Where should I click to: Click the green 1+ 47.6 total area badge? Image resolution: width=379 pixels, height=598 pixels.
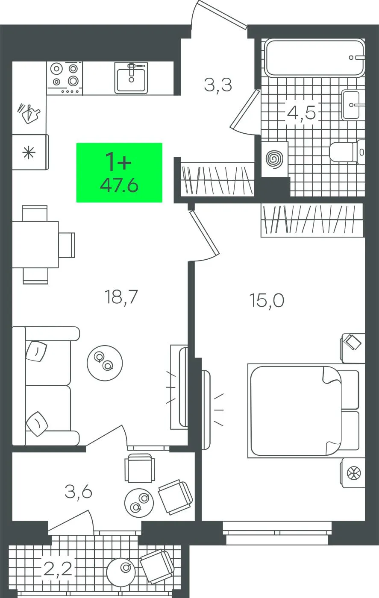click(x=119, y=173)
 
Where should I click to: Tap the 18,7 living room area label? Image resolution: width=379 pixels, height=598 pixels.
click(x=121, y=297)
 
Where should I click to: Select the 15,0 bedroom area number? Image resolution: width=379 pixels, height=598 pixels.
click(x=267, y=300)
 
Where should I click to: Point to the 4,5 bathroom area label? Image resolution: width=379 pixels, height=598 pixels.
click(x=301, y=113)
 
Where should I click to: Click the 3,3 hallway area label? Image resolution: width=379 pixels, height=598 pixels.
click(x=217, y=85)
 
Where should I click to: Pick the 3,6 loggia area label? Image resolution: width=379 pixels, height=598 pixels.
click(x=78, y=492)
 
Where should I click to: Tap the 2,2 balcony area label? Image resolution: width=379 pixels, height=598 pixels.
click(x=58, y=568)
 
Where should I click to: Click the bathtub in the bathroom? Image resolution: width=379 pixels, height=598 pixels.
click(x=314, y=57)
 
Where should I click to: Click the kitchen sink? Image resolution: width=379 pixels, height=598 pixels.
click(x=131, y=78)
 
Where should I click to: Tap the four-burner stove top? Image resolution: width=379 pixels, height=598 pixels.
click(x=65, y=77)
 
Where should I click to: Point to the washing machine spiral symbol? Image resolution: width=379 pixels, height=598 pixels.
click(x=274, y=159)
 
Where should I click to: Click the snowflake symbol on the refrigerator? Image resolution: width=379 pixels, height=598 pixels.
click(x=29, y=153)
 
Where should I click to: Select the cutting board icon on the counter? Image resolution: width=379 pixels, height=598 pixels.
click(x=29, y=114)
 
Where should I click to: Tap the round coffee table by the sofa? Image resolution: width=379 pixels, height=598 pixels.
click(x=105, y=363)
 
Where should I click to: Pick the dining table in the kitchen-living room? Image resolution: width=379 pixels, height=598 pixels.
click(x=35, y=244)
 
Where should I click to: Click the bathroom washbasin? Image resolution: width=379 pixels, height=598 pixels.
click(x=351, y=105)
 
